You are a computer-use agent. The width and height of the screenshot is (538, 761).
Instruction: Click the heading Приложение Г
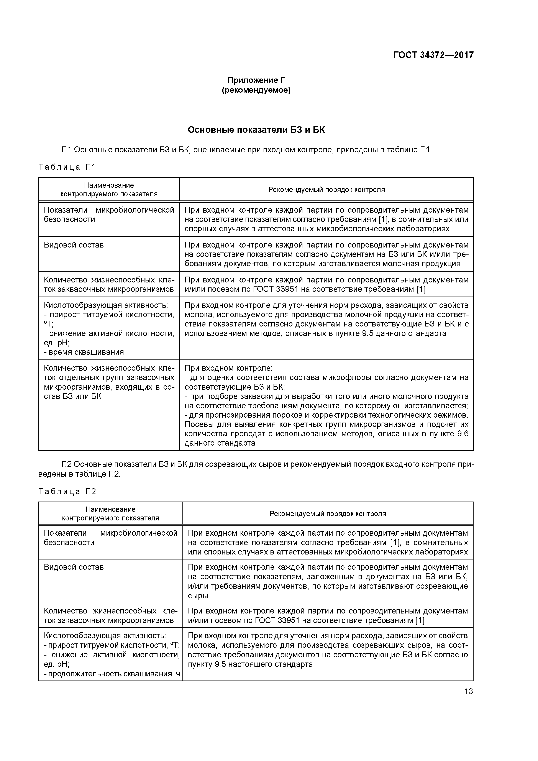256,80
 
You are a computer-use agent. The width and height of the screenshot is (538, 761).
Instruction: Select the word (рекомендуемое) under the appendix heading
256,90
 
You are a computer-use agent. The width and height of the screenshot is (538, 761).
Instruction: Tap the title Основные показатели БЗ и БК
256,130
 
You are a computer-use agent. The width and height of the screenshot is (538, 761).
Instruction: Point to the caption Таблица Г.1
67,167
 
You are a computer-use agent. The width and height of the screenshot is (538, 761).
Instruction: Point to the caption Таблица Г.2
67,492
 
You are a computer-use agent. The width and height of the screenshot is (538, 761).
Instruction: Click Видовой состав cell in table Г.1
74,245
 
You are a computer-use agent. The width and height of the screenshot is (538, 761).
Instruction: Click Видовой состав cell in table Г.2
74,567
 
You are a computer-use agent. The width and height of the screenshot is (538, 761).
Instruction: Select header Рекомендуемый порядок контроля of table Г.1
326,190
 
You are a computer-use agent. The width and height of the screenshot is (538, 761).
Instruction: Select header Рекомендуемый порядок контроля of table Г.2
328,514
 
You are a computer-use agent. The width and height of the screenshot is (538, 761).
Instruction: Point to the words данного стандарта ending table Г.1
220,443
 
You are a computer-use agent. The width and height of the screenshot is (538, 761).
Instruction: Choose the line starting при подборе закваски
326,396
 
